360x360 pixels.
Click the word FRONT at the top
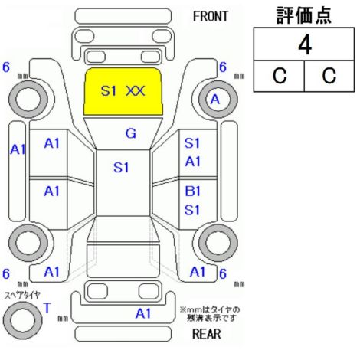pos(210,17)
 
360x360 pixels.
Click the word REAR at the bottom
pos(206,334)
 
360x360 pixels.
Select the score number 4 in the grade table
pos(305,45)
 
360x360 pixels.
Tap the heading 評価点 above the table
pos(304,15)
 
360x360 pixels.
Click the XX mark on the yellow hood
pos(136,91)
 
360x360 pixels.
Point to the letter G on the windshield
pos(131,133)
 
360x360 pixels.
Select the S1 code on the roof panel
pos(121,168)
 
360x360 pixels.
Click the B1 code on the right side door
pos(193,191)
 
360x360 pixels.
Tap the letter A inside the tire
pos(215,100)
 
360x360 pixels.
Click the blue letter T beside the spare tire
pos(47,308)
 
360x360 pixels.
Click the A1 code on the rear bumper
pos(143,313)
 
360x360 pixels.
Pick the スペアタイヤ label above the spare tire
pos(22,296)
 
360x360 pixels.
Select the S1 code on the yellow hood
pos(109,91)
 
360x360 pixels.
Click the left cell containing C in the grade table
pos(279,76)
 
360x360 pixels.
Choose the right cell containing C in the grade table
pos(329,76)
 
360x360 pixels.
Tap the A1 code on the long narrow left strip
pos(18,149)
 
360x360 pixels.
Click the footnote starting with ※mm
pos(210,314)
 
